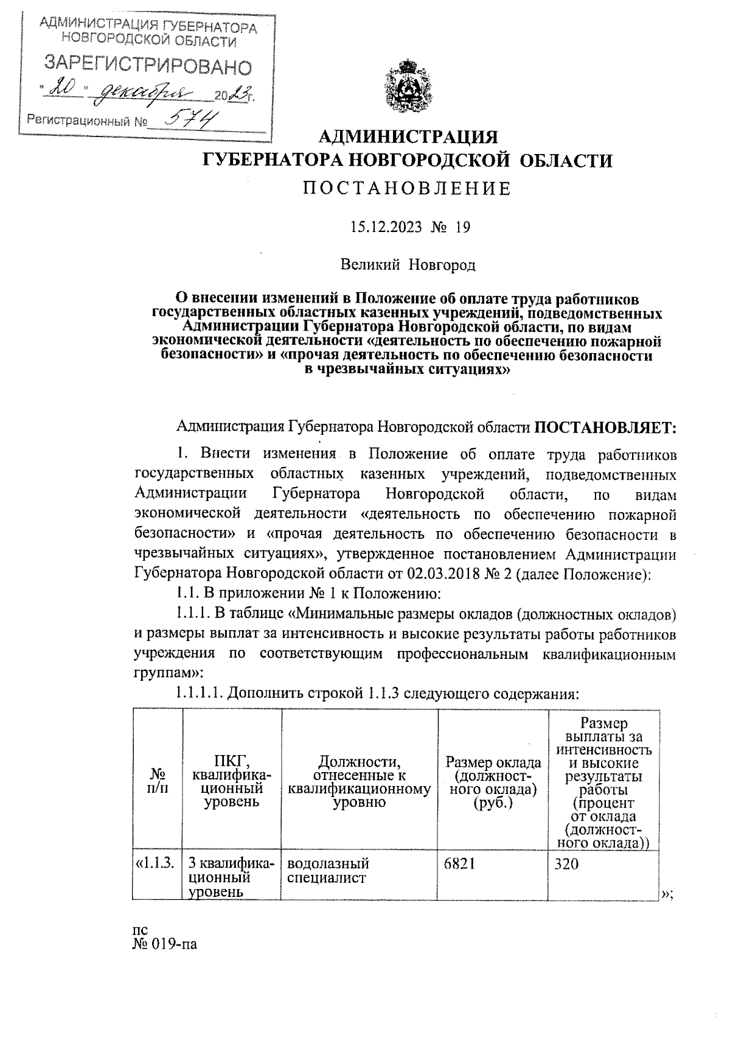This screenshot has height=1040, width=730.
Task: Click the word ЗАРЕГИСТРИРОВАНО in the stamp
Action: [x=148, y=65]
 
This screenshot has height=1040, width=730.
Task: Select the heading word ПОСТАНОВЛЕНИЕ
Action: [x=407, y=189]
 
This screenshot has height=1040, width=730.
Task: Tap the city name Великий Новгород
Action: [x=407, y=265]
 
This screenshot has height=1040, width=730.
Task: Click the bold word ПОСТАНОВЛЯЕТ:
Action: [x=605, y=427]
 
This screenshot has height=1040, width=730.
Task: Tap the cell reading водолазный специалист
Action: [x=328, y=871]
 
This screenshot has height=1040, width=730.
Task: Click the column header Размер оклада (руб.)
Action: [x=493, y=782]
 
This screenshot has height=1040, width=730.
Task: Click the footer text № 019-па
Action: [x=165, y=946]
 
